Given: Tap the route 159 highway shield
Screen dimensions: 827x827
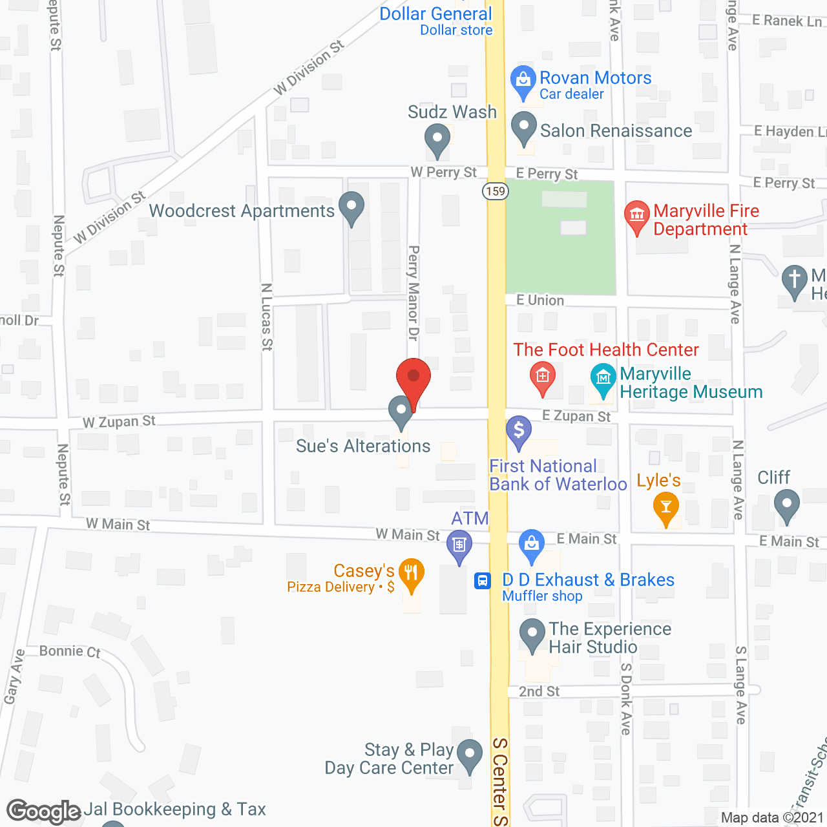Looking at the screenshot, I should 496,191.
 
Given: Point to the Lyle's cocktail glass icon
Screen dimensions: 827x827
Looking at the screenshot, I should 665,507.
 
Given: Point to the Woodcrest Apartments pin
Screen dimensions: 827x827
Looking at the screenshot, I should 351,207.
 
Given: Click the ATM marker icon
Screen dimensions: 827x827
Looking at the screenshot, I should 459,546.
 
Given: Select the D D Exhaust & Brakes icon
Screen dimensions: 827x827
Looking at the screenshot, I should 532,544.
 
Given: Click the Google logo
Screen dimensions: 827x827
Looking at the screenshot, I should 44,811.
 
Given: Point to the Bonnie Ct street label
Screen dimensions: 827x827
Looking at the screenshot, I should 70,651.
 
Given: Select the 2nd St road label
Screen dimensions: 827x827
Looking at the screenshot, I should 539,691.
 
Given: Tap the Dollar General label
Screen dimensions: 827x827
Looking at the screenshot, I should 435,14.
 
